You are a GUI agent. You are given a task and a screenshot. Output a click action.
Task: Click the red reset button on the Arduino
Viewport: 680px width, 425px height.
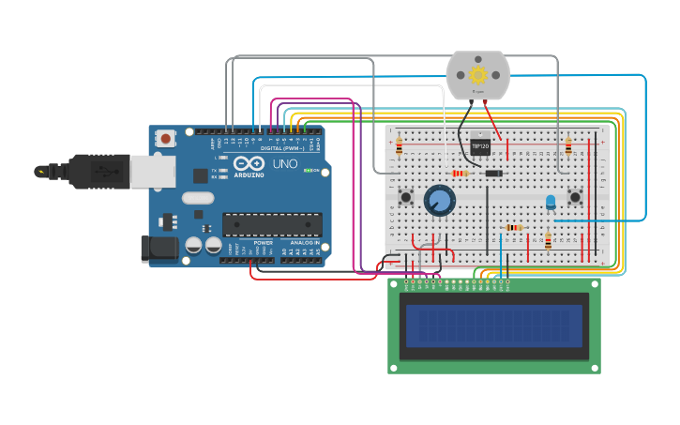click(166, 138)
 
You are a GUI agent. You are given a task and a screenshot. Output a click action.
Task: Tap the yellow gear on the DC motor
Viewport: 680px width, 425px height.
click(478, 74)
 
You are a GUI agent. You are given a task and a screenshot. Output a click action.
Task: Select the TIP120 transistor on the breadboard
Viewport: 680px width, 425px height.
click(479, 146)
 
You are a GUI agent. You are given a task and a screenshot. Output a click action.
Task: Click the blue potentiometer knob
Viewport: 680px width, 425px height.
click(439, 200)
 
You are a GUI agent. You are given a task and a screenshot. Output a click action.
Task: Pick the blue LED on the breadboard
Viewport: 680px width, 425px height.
click(551, 201)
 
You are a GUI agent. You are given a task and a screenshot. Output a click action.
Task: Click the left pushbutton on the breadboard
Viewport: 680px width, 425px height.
click(406, 197)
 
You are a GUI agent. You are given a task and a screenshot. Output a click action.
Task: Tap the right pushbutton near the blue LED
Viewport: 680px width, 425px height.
click(574, 197)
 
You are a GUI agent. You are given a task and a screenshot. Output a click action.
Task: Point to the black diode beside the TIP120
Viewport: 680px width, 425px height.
click(492, 173)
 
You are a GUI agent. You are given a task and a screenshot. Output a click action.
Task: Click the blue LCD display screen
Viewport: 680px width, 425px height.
click(494, 326)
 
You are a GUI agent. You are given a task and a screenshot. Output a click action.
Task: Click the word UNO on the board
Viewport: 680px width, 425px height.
click(285, 164)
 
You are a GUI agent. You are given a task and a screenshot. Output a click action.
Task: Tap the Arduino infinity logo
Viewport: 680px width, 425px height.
click(249, 163)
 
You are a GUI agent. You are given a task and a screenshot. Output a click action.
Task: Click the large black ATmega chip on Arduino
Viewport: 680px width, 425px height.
click(272, 224)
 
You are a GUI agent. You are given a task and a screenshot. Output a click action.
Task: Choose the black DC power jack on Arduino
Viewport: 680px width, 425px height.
click(159, 248)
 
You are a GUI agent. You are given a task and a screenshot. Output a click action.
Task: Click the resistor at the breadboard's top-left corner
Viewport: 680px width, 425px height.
click(399, 145)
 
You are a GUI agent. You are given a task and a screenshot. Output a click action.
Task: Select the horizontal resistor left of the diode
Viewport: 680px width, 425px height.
click(460, 173)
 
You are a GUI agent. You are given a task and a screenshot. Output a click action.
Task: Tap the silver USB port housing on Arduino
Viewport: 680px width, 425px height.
click(152, 172)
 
